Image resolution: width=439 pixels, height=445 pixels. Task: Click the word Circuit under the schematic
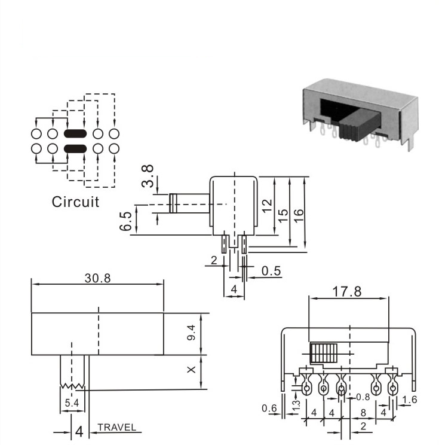(x=75, y=202)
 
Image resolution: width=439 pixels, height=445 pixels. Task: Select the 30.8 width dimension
(x=97, y=278)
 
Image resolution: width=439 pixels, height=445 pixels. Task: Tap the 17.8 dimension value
(x=347, y=291)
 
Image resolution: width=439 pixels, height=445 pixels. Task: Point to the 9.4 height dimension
(x=191, y=333)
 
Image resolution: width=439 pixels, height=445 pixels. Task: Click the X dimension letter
(x=191, y=370)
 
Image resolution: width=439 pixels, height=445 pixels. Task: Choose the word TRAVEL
(x=116, y=427)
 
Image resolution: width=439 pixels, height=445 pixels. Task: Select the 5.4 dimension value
(x=72, y=403)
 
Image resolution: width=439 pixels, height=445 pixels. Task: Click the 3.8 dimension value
(x=148, y=176)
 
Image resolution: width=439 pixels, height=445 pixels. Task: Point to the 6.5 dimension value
(x=125, y=221)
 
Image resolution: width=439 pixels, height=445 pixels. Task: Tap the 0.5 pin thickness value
(x=271, y=271)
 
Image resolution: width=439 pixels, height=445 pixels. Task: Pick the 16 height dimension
(x=299, y=216)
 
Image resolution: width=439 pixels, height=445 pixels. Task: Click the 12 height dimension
(x=267, y=206)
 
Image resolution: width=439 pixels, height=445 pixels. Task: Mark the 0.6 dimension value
(x=269, y=409)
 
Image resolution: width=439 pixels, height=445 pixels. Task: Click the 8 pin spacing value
(x=363, y=413)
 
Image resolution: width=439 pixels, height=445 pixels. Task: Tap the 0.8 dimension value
(x=363, y=397)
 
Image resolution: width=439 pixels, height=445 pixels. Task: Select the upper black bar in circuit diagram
(x=75, y=133)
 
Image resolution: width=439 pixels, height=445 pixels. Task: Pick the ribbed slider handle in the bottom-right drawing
(x=324, y=353)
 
